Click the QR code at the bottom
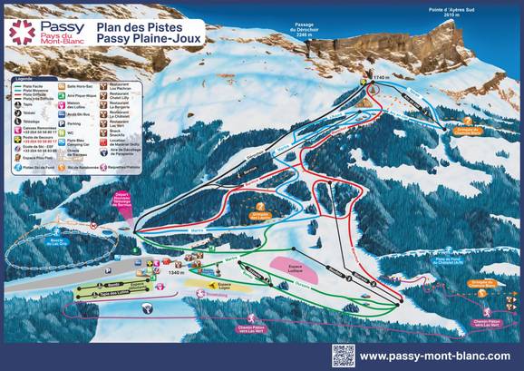coord(343,355)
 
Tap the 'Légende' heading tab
coord(24,78)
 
